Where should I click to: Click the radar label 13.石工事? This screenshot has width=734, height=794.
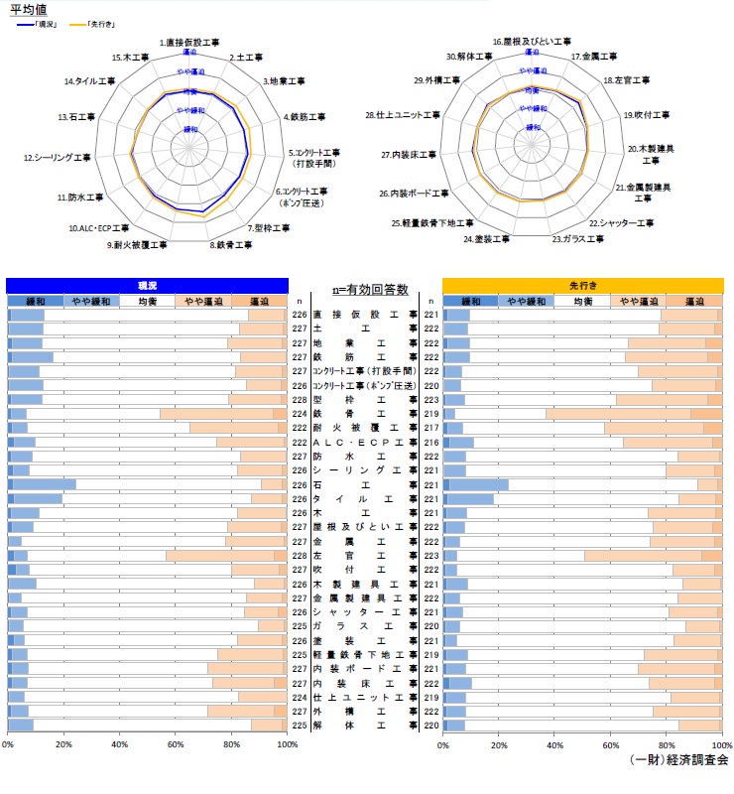75,117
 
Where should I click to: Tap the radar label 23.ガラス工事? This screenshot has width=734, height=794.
578,239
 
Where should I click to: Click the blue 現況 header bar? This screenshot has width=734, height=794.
147,284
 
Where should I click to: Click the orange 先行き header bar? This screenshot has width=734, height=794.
582,284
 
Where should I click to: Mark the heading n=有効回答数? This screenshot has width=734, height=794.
371,289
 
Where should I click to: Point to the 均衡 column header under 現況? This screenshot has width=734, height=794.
147,301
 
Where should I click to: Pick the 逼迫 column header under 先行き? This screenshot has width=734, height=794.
694,301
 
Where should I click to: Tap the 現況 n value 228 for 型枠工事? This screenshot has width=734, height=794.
299,399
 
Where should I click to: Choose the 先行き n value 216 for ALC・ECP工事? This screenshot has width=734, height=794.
431,442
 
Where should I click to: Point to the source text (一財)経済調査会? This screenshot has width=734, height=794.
678,759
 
